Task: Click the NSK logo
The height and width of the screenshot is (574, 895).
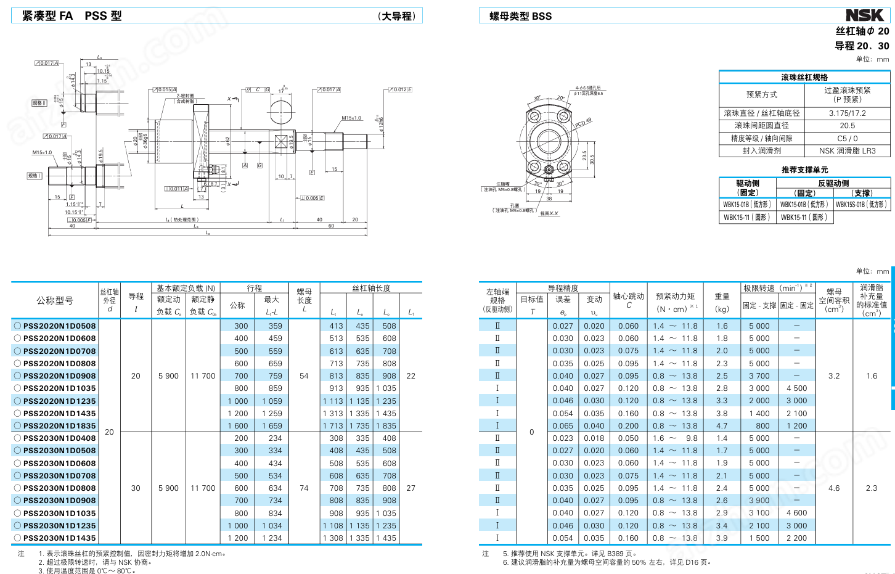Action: (864, 15)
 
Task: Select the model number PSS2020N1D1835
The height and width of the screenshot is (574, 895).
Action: (59, 426)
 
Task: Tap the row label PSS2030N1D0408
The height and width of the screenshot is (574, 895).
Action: (59, 438)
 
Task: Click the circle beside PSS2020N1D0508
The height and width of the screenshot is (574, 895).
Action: (17, 326)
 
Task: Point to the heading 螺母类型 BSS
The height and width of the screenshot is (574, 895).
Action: (520, 16)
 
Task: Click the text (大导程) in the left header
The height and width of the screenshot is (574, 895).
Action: (396, 16)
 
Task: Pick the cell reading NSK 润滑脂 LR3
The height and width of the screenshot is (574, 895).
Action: (847, 150)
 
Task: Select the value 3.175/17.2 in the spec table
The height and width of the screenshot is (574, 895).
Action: (847, 113)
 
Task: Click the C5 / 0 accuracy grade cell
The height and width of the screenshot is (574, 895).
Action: (847, 139)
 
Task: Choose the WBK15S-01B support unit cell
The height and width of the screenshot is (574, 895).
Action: (861, 205)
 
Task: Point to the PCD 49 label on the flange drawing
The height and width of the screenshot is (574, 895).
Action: (583, 123)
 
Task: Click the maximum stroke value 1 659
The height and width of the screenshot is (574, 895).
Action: (272, 426)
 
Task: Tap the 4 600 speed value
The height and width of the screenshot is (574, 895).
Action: (796, 513)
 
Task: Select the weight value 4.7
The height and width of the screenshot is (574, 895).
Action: (722, 426)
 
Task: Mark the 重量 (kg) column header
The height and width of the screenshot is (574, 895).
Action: (722, 302)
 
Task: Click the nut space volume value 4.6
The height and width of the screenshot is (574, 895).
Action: (833, 488)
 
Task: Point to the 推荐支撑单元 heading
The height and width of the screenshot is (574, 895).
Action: (804, 170)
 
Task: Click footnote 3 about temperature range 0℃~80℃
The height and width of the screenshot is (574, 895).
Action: (87, 570)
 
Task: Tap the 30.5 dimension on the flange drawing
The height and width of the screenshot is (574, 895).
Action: (592, 159)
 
